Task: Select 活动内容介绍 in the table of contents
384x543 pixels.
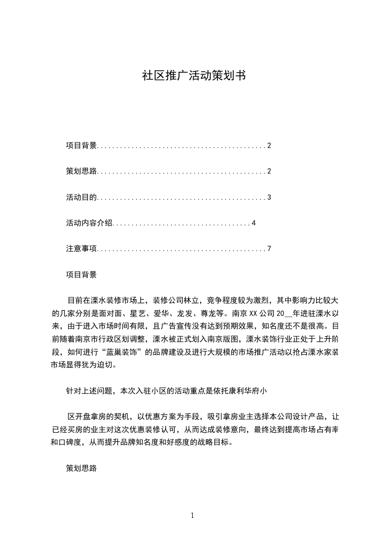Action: tap(89, 223)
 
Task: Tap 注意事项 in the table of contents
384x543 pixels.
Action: tap(81, 249)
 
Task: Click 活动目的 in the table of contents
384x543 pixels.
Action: tap(81, 197)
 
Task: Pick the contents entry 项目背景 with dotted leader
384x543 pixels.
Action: tap(81, 146)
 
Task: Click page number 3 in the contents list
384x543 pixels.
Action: tap(269, 197)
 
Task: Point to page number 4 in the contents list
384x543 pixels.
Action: tap(253, 223)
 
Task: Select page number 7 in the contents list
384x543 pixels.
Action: tap(269, 249)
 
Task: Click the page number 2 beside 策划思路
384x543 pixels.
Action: tap(269, 171)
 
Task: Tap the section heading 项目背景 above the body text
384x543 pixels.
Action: tap(81, 275)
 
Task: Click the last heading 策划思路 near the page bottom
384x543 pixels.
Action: tap(81, 469)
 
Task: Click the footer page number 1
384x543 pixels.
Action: tap(192, 515)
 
